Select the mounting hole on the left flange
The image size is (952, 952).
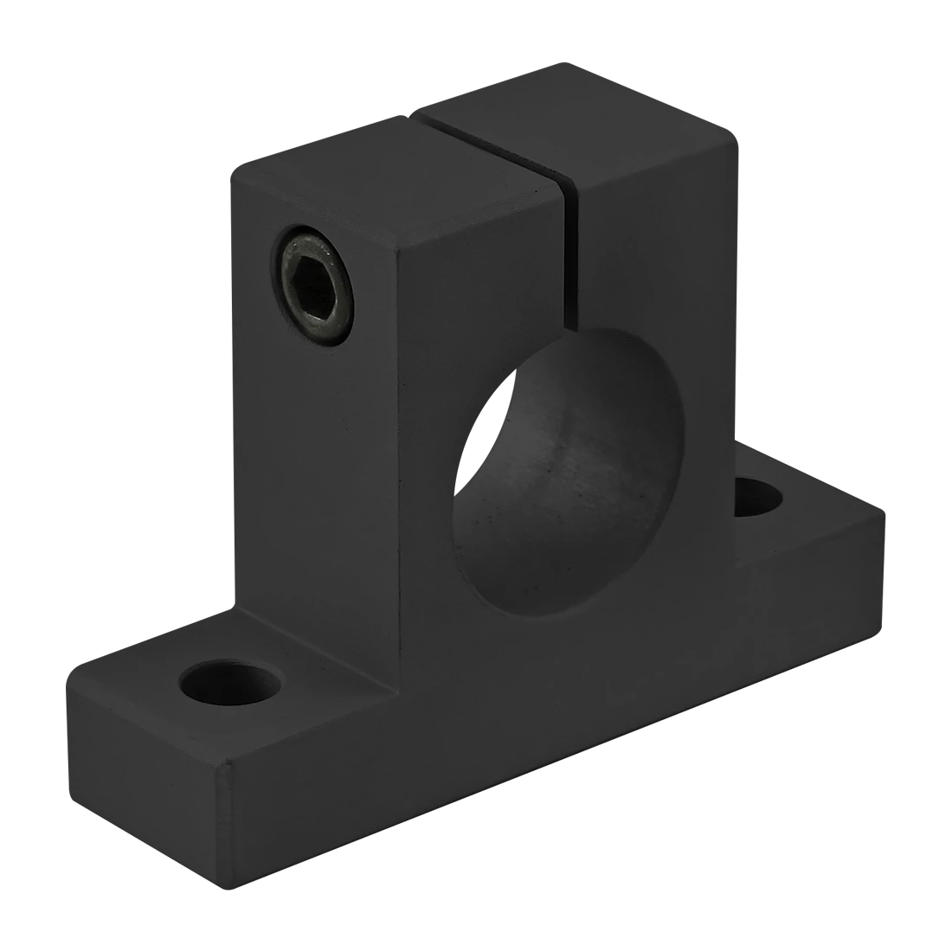[x=231, y=683]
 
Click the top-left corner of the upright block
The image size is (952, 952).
[x=231, y=164]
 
